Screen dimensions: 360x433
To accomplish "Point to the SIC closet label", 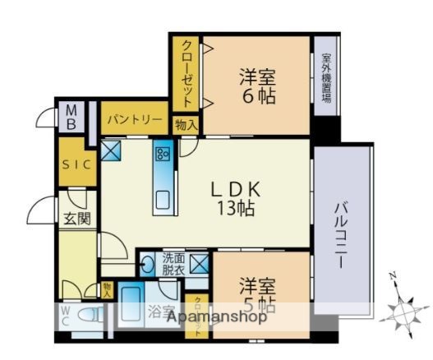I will (77, 163).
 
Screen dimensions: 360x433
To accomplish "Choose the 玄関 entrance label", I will (77, 218).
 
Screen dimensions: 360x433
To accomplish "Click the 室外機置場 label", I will (326, 77).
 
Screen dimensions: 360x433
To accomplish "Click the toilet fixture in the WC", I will (93, 315).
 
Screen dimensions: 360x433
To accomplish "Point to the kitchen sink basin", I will (162, 197).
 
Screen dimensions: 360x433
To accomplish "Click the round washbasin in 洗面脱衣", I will (147, 265).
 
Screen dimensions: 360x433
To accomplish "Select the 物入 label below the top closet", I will (186, 125).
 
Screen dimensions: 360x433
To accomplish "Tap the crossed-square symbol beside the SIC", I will (111, 150).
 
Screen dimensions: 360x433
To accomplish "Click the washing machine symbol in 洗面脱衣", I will (199, 264).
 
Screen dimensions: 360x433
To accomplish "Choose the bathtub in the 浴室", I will (131, 306).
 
